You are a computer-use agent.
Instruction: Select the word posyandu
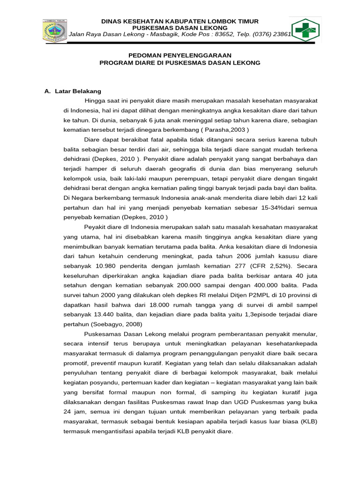click(105, 382)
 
